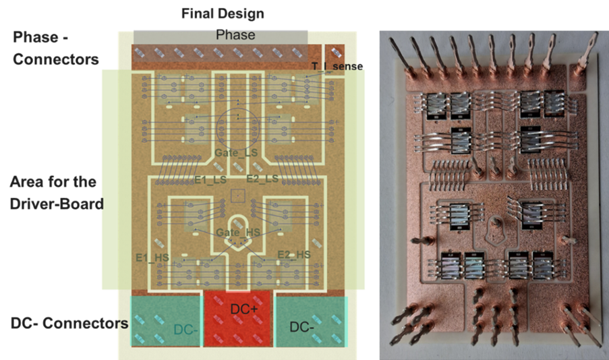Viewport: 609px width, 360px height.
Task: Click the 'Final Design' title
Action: (222, 13)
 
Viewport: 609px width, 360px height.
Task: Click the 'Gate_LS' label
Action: (236, 154)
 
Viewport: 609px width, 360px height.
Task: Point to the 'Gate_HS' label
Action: (237, 233)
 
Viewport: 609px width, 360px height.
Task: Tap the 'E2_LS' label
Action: (262, 179)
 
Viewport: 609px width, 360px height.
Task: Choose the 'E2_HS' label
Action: (294, 254)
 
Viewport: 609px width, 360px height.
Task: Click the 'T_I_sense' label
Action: (337, 66)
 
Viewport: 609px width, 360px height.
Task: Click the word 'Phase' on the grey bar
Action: (235, 35)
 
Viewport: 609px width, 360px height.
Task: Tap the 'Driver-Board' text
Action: (57, 202)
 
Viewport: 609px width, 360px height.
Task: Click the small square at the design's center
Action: (237, 196)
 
